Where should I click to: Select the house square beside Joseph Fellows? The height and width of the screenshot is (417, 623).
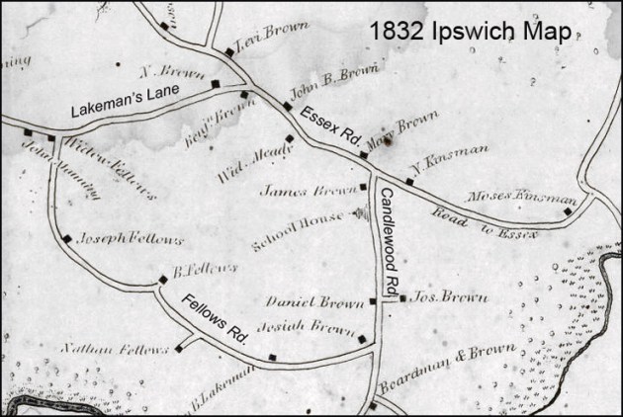pyautogui.click(x=67, y=238)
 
